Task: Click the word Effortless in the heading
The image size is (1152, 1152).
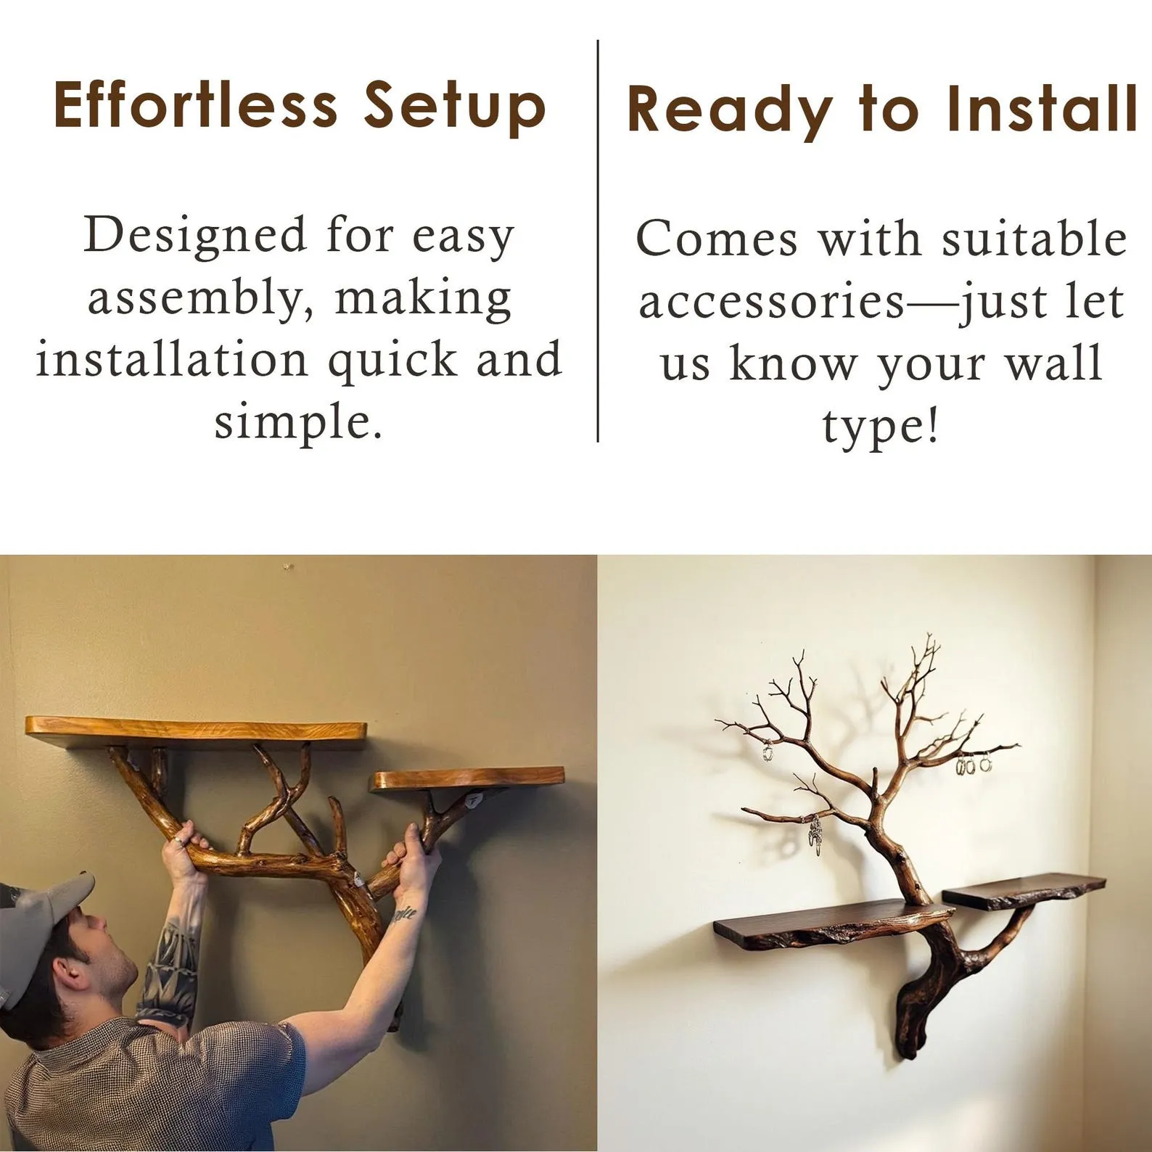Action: pos(195,104)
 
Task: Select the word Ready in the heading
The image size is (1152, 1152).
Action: pos(730,110)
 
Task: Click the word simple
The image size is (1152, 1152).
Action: pos(297,422)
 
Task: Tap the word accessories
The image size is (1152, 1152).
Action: pos(771,302)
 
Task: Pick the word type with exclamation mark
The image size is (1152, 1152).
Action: pos(881,427)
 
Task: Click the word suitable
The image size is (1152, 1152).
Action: pos(1034,239)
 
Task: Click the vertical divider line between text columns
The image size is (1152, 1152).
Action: pos(598,239)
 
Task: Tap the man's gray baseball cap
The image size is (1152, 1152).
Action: pos(44,913)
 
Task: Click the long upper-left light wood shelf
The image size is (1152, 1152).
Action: pos(196,728)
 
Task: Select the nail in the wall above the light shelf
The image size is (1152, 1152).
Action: pos(289,564)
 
